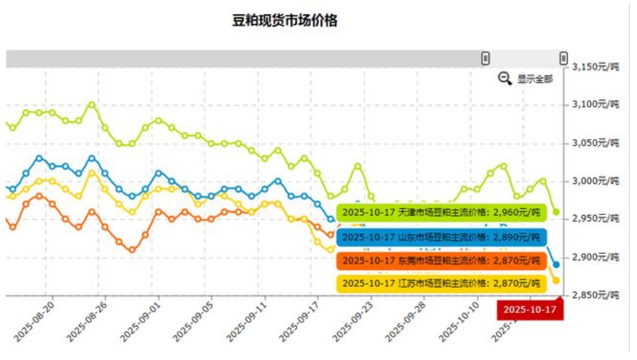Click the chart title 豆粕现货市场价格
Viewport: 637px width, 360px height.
click(285, 21)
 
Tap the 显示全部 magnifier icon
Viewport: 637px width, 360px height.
click(505, 78)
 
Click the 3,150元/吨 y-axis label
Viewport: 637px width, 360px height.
click(596, 67)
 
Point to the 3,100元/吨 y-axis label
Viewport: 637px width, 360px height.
click(596, 104)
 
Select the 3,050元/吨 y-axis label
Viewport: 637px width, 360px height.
click(596, 142)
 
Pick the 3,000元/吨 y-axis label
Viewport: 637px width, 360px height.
click(596, 180)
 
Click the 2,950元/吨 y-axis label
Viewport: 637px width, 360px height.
click(596, 218)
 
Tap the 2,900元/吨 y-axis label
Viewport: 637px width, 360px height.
click(596, 257)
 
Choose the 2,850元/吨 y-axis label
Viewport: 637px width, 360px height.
click(596, 295)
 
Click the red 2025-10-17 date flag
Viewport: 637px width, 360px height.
click(530, 310)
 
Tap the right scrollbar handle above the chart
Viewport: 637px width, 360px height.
click(563, 58)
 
